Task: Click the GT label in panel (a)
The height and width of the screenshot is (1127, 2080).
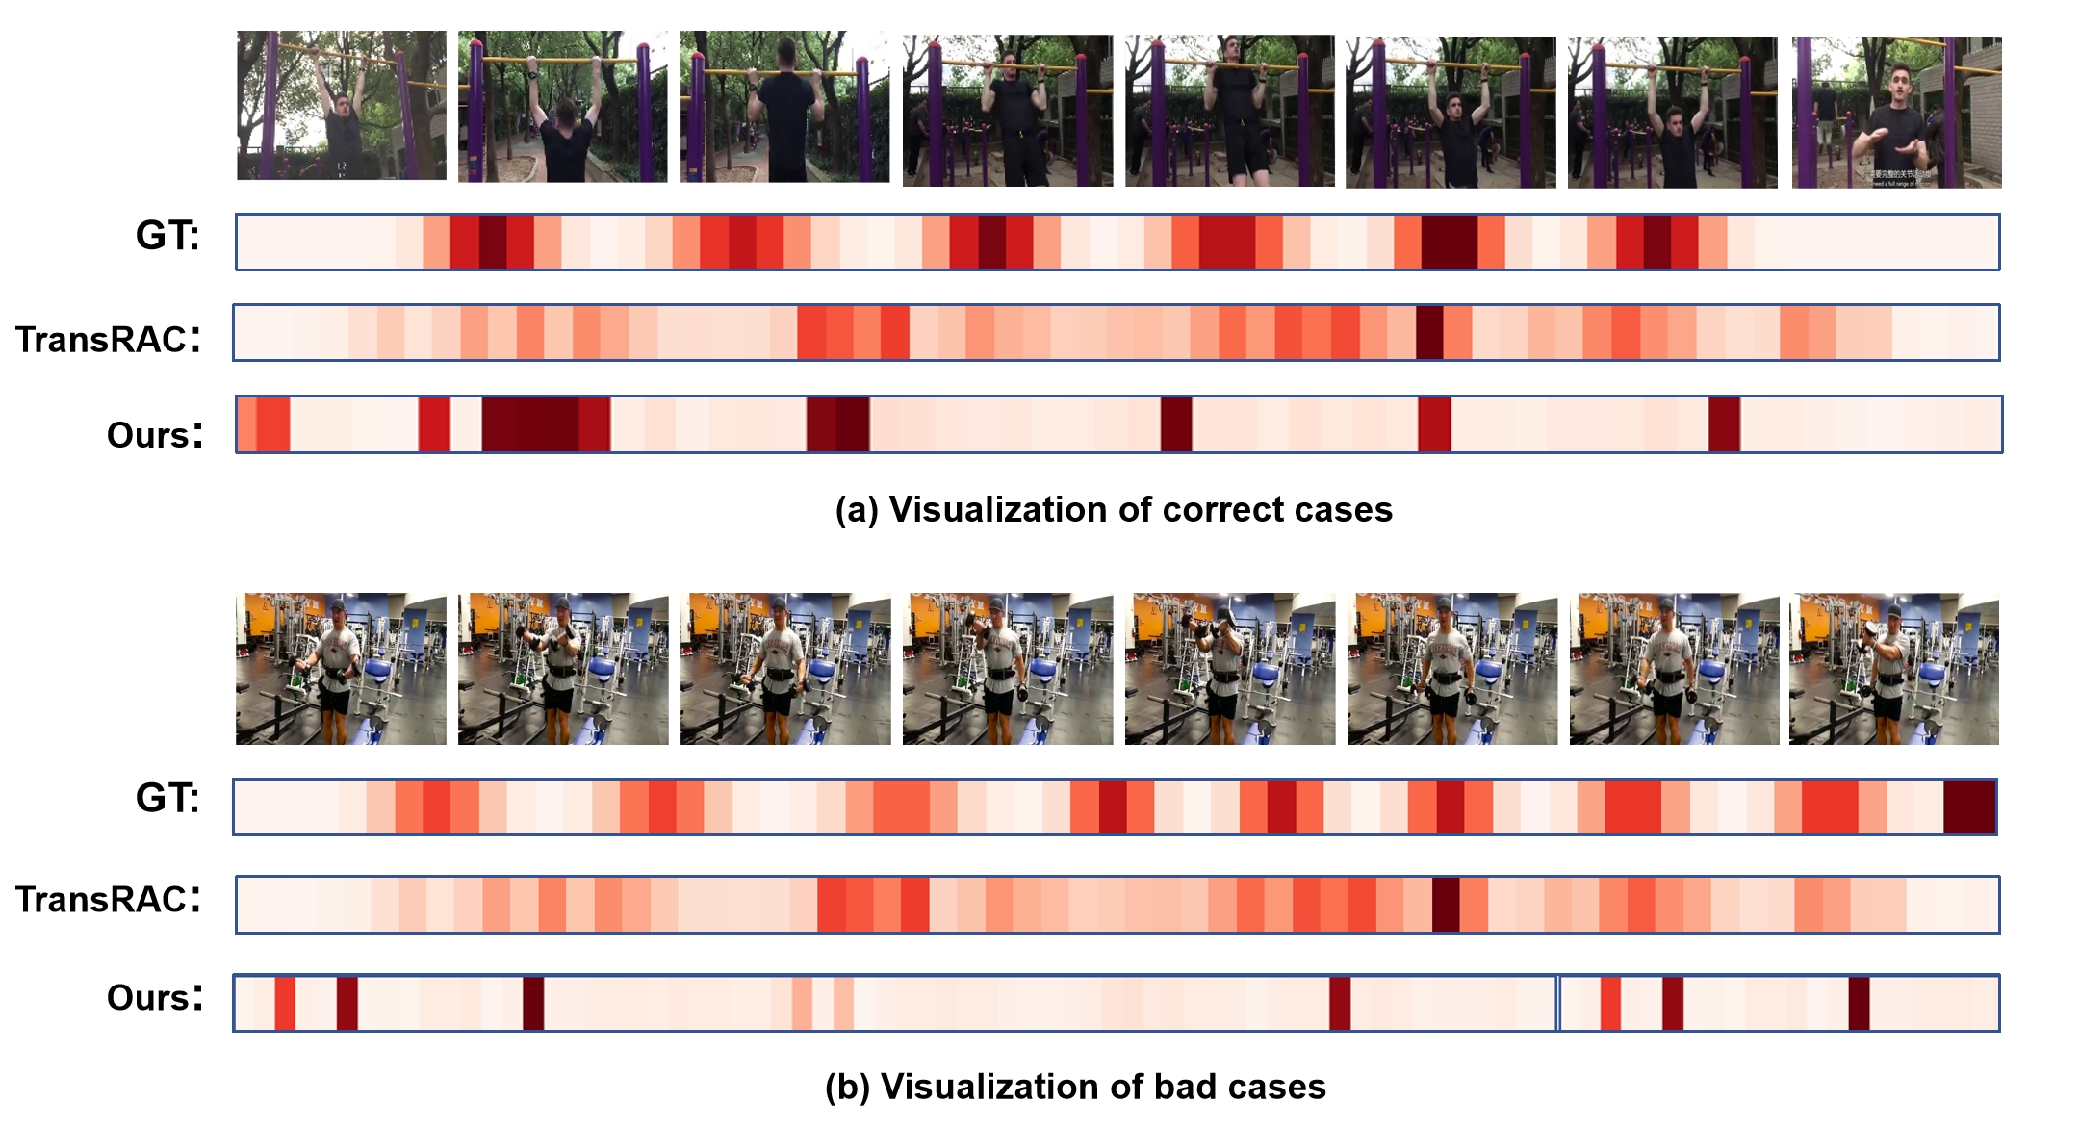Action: (x=167, y=236)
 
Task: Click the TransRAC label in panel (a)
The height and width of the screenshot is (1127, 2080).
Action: (x=108, y=339)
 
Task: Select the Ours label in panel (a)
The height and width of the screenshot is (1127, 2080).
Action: (x=155, y=435)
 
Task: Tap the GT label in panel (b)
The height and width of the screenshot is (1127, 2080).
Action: (x=167, y=798)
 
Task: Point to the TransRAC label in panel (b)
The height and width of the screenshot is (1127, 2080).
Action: (x=108, y=899)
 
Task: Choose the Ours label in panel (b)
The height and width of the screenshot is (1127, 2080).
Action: (x=155, y=997)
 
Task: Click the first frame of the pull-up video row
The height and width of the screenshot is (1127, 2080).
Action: (x=342, y=106)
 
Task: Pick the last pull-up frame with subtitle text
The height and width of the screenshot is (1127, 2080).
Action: (x=1896, y=112)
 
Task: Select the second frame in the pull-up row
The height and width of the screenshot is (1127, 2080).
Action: (x=563, y=107)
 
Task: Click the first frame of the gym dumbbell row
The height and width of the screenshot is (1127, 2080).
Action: (x=342, y=669)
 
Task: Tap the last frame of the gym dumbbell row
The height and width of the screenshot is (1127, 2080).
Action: (x=1893, y=669)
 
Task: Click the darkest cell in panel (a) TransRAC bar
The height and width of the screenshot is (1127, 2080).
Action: (x=1429, y=333)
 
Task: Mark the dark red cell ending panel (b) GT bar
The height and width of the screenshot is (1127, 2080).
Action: (x=1969, y=807)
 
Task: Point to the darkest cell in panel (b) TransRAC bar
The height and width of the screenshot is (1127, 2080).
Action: (x=1446, y=905)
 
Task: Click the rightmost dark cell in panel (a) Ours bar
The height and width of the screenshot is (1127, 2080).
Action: (x=1724, y=424)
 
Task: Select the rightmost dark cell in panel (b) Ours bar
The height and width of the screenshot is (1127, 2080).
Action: (x=1859, y=1004)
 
